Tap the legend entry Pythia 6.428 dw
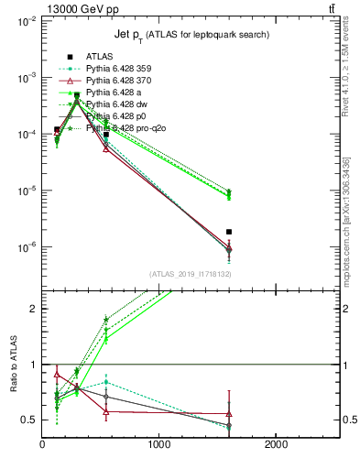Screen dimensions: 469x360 [x=114, y=104]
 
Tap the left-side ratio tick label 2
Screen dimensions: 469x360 [x=33, y=309]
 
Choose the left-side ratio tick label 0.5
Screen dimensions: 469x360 [x=29, y=420]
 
